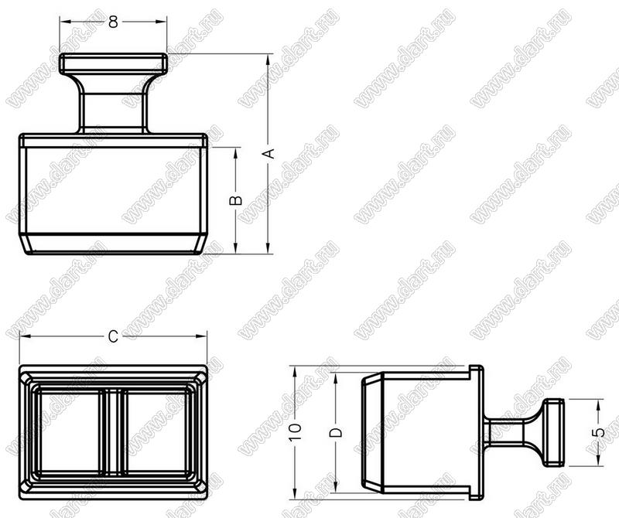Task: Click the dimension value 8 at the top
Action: pos(113,22)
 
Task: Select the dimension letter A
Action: pos(268,153)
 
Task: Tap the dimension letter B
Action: pos(236,200)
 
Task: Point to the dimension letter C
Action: pos(113,336)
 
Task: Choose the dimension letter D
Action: pos(336,432)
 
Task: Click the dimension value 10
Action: pos(296,432)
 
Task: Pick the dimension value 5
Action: pos(599,432)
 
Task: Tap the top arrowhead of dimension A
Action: pos(268,60)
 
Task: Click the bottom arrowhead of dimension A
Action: pos(268,248)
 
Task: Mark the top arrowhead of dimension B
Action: pos(236,153)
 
